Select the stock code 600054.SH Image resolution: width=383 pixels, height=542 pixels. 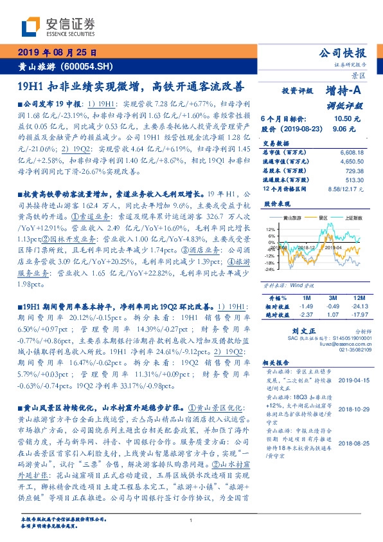[92, 66]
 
